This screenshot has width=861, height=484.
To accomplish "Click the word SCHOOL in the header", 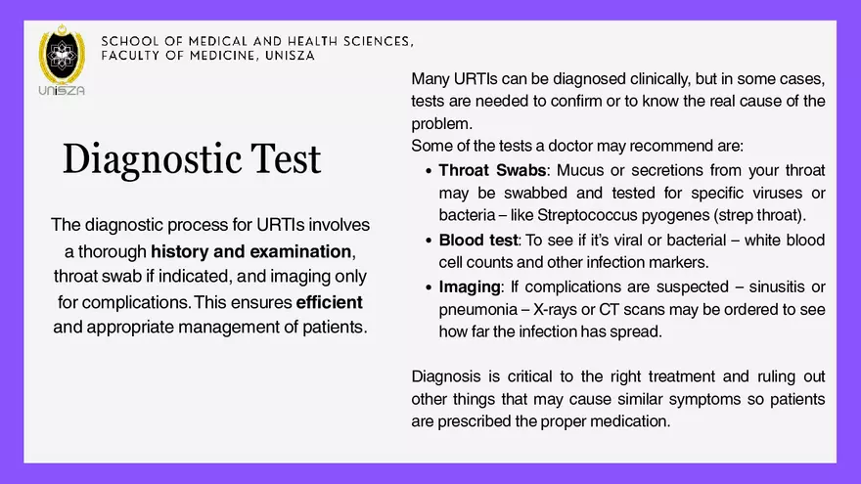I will tap(127, 41).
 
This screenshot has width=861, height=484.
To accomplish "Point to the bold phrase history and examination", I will tap(246, 250).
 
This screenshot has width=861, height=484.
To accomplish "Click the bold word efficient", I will tap(329, 301).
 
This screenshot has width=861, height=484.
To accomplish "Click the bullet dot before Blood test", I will tap(429, 241).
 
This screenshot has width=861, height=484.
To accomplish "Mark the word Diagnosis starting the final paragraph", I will tap(447, 376).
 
